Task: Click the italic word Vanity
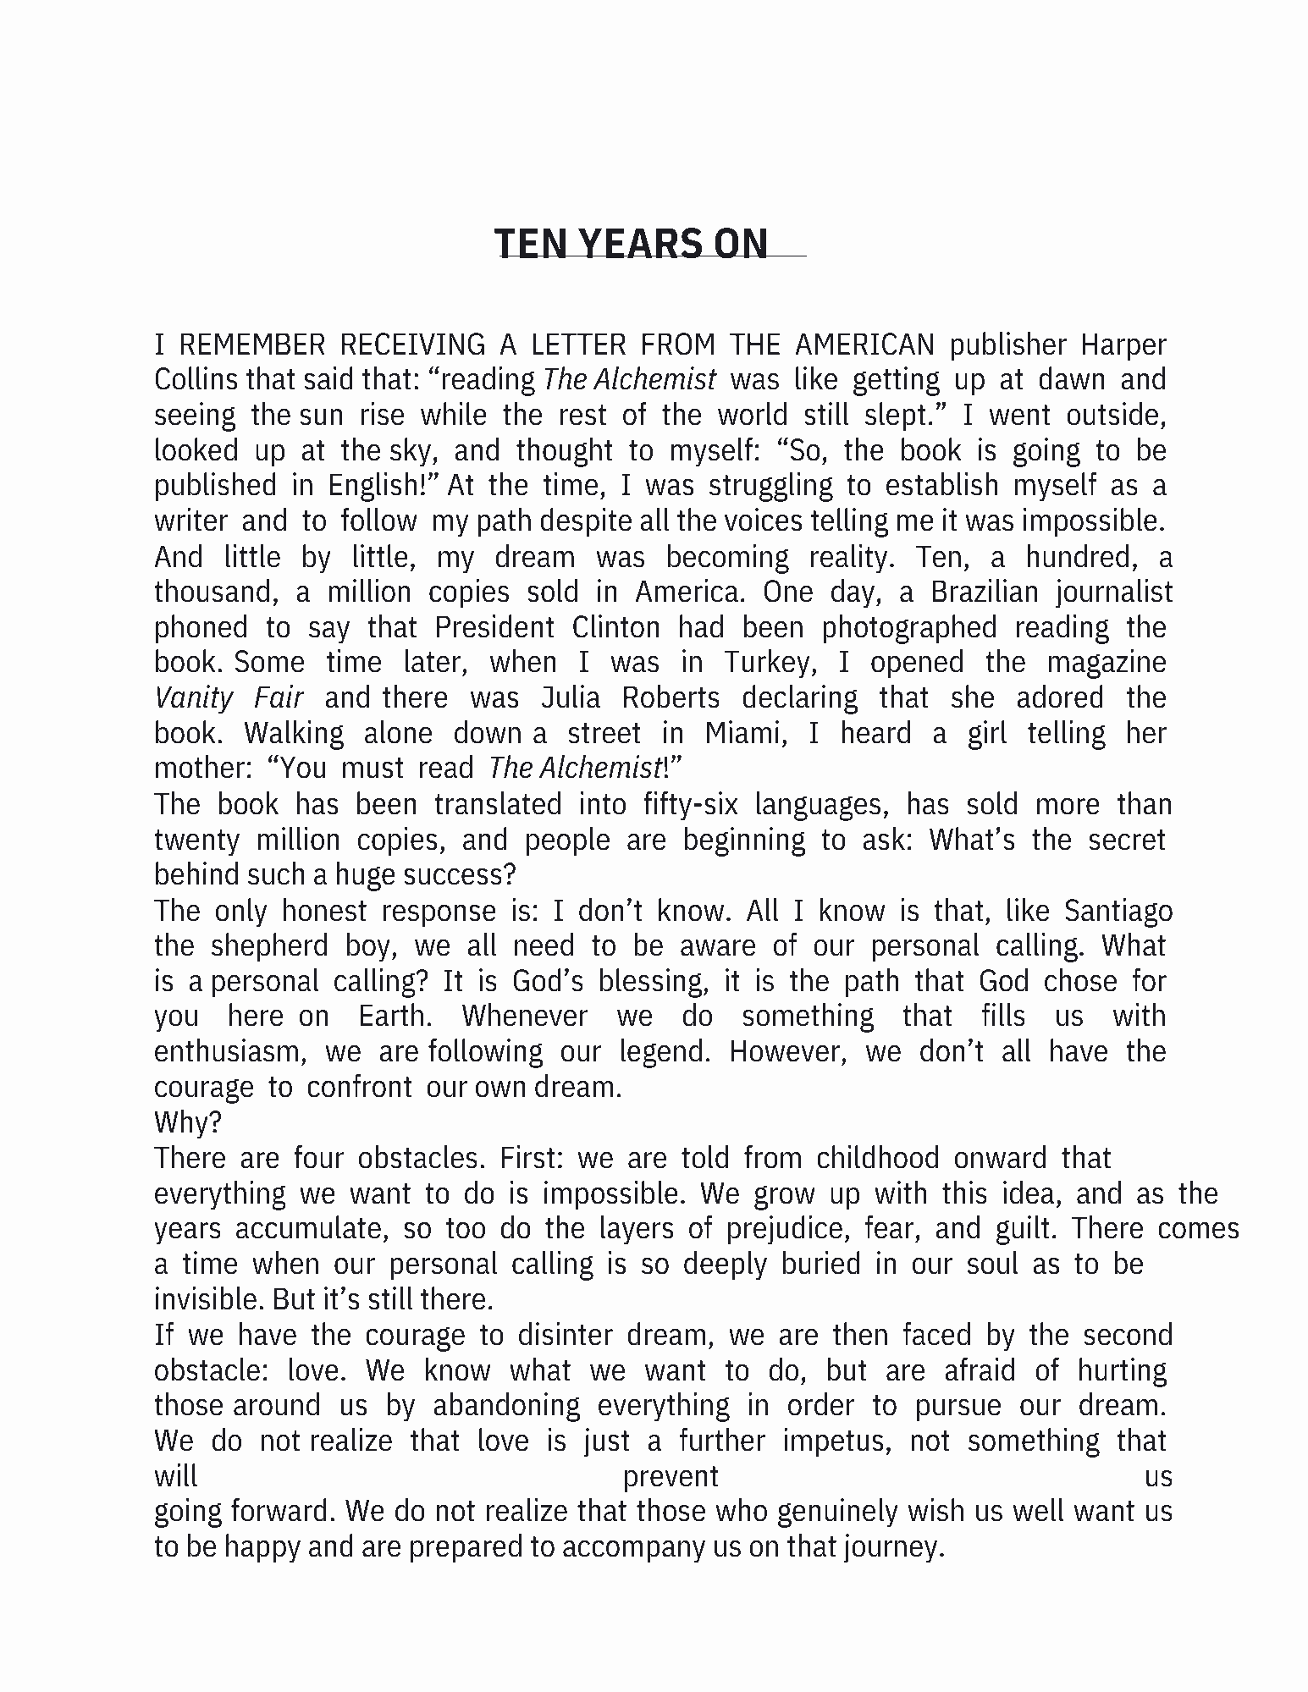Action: [194, 698]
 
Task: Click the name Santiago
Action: [1118, 911]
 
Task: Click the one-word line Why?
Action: [188, 1122]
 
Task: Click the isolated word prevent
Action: [671, 1477]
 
